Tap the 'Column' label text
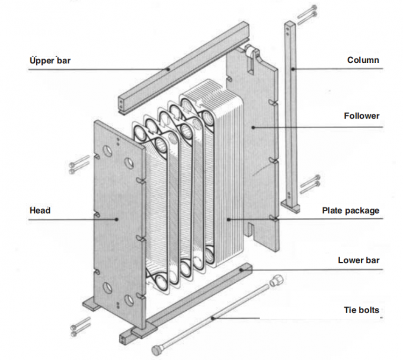(x=363, y=60)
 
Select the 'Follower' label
(x=362, y=116)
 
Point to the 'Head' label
(x=40, y=211)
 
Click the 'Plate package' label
(x=350, y=211)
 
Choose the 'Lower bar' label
(x=359, y=260)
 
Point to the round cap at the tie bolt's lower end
(x=158, y=351)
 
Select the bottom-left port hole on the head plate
(x=108, y=289)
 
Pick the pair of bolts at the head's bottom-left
(x=80, y=324)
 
